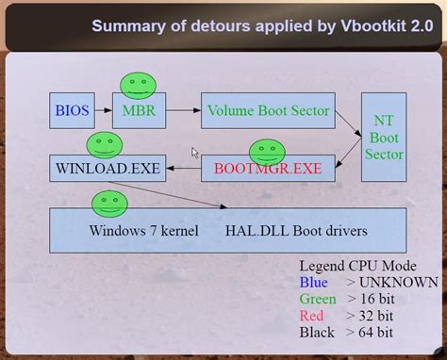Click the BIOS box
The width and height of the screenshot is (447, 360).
[72, 111]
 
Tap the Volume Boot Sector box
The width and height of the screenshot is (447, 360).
[268, 111]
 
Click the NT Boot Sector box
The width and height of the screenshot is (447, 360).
[384, 136]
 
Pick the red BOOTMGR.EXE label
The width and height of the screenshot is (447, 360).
[268, 170]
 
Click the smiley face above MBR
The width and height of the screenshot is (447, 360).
[138, 85]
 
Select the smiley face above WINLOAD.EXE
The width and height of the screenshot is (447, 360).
[105, 145]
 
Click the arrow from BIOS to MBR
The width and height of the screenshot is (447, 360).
[102, 111]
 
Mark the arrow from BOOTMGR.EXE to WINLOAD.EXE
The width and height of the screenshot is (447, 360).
[184, 171]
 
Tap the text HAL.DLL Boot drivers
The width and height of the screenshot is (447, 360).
[296, 230]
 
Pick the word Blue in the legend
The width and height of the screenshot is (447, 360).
[314, 282]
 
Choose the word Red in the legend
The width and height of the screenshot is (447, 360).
[312, 316]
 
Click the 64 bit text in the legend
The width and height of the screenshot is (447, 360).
[376, 333]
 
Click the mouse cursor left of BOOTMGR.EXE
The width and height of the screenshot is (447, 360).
[195, 153]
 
